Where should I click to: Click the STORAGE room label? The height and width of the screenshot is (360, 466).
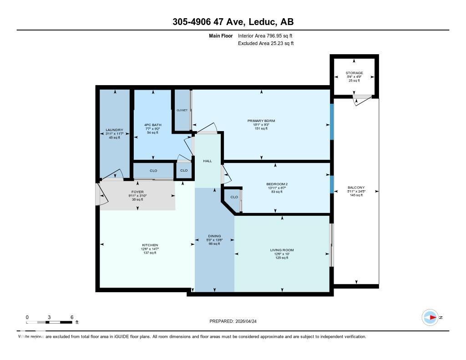pyautogui.click(x=354, y=73)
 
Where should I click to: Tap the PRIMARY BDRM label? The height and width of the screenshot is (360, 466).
pyautogui.click(x=261, y=121)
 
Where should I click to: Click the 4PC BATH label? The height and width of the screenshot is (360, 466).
pyautogui.click(x=152, y=125)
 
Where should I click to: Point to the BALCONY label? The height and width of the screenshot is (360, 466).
pyautogui.click(x=356, y=188)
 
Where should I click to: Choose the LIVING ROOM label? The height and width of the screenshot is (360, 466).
pyautogui.click(x=282, y=250)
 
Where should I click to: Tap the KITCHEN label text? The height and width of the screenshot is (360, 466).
pyautogui.click(x=150, y=245)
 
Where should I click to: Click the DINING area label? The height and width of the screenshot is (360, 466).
pyautogui.click(x=214, y=236)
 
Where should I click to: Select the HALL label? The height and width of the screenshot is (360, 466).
pyautogui.click(x=208, y=161)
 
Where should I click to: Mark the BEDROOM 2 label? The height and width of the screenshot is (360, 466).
pyautogui.click(x=277, y=184)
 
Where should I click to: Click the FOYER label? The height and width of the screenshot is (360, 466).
pyautogui.click(x=137, y=192)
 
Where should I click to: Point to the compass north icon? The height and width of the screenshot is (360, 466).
pyautogui.click(x=430, y=317)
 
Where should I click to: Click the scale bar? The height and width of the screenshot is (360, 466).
pyautogui.click(x=49, y=322)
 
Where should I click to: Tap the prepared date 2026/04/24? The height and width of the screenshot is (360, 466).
pyautogui.click(x=236, y=321)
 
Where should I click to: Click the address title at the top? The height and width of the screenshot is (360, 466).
pyautogui.click(x=233, y=21)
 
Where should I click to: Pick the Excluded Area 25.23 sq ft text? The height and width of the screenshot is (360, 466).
pyautogui.click(x=266, y=43)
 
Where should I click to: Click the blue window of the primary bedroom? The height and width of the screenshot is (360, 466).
pyautogui.click(x=332, y=122)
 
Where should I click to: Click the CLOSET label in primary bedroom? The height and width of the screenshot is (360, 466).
pyautogui.click(x=182, y=110)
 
